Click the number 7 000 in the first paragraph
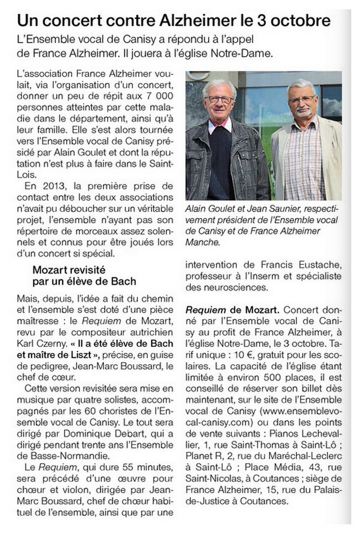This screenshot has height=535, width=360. point(157,95)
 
